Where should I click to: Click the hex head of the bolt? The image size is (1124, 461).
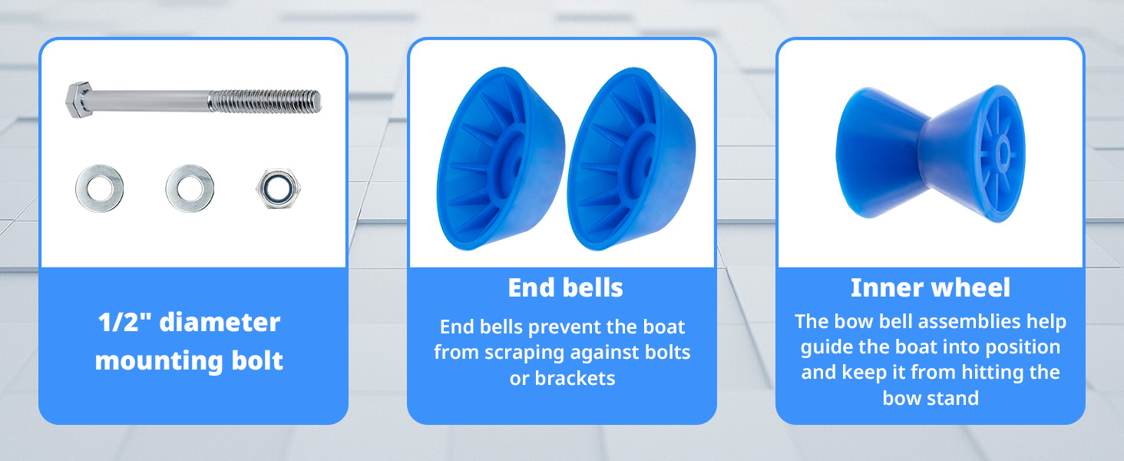(x=79, y=100)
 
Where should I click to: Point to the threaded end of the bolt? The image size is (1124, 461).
(x=265, y=101)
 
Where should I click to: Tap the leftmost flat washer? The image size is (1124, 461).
(x=99, y=188)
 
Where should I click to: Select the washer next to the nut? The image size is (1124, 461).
(x=190, y=188)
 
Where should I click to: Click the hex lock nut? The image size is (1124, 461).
(x=278, y=188)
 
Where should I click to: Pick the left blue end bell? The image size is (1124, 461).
(x=501, y=159)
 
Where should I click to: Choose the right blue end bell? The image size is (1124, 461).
(x=631, y=159)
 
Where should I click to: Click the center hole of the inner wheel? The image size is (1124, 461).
(x=1003, y=151)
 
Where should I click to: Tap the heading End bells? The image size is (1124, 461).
(x=566, y=288)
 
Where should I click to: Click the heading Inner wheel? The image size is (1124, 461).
(x=931, y=288)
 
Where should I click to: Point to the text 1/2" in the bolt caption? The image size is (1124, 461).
(x=118, y=322)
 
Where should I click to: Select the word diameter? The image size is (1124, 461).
(x=220, y=322)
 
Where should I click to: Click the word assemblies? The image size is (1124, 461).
(x=968, y=321)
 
